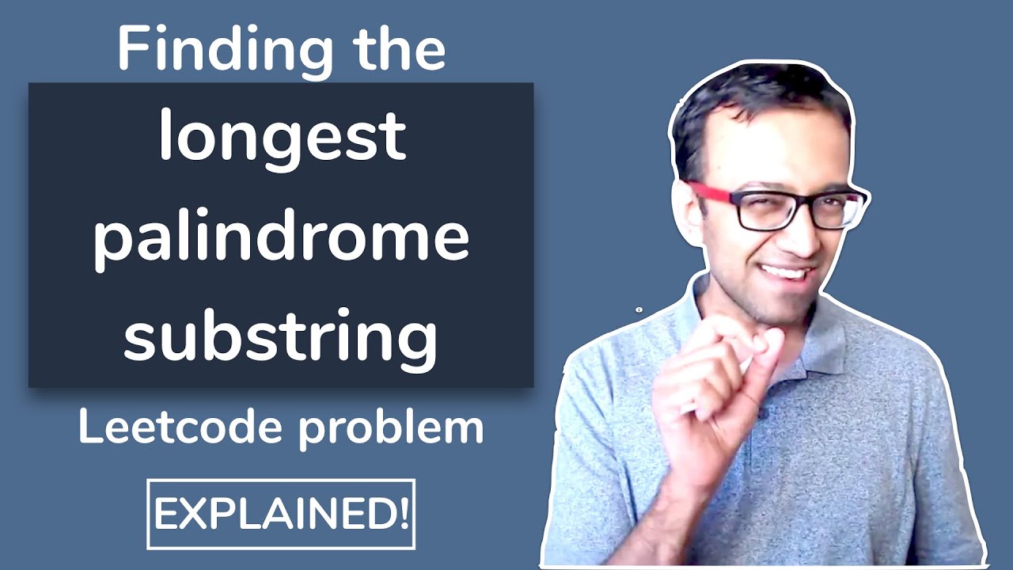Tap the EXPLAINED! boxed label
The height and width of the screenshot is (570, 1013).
tap(281, 514)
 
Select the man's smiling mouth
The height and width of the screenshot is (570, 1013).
tap(786, 273)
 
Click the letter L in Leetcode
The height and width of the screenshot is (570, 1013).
tap(88, 428)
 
